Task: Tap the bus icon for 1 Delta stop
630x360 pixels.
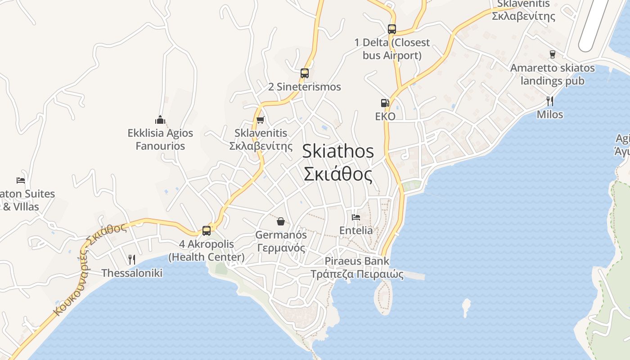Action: click(x=392, y=29)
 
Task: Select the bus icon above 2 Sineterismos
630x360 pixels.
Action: click(x=305, y=73)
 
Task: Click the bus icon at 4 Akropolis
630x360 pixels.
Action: click(x=207, y=230)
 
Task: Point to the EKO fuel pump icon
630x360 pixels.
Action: click(x=385, y=103)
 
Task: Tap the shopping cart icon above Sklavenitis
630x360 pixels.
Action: click(x=260, y=120)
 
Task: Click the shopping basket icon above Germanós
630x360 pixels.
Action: click(x=281, y=221)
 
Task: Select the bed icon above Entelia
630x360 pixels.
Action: click(x=356, y=217)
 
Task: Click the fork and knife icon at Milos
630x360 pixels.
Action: click(x=549, y=101)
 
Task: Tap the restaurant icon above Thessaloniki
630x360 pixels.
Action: click(x=131, y=259)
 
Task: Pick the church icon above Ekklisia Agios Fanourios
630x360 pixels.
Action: click(x=160, y=120)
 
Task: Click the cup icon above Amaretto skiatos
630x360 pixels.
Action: click(x=553, y=54)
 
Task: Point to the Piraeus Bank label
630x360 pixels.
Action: click(x=357, y=267)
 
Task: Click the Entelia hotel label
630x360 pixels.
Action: click(x=356, y=230)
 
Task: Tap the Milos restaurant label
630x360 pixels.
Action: click(x=549, y=114)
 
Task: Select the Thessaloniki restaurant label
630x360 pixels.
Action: click(x=132, y=273)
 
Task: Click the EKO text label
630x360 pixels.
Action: click(x=385, y=117)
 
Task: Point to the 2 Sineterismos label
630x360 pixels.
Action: click(x=305, y=87)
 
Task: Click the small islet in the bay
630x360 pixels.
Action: click(x=466, y=307)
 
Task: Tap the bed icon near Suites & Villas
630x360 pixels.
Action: click(x=21, y=180)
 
